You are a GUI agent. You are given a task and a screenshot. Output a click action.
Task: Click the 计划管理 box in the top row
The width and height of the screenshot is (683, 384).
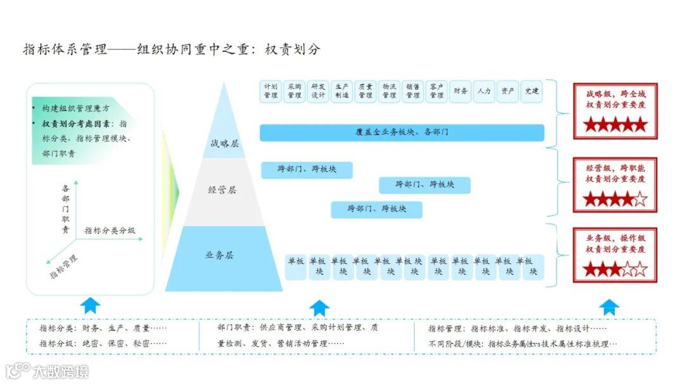pos(271,91)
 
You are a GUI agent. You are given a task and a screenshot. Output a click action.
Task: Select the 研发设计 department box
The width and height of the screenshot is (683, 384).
pos(318,91)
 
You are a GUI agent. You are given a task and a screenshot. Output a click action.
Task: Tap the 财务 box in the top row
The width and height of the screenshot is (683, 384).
pos(460,91)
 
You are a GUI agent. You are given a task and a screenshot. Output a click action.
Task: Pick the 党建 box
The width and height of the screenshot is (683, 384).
pos(532,91)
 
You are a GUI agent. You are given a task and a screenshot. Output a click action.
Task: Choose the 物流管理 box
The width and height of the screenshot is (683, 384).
pos(390,91)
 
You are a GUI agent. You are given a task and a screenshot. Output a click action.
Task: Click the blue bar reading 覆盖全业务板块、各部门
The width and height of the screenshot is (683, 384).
pos(402,133)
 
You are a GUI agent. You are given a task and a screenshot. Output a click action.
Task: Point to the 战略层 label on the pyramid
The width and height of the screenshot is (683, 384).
pos(225,143)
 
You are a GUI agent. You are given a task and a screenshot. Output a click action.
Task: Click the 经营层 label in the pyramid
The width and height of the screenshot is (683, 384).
pos(222,189)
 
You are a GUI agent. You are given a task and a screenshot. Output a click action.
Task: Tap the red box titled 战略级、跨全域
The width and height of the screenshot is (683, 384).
pos(615,111)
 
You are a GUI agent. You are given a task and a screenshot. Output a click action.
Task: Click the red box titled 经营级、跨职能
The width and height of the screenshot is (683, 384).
pos(615,184)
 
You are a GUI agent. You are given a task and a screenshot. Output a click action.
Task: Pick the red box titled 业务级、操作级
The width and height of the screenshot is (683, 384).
pos(615,255)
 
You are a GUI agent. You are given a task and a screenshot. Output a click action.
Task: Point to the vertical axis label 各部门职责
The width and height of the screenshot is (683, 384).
pos(66,209)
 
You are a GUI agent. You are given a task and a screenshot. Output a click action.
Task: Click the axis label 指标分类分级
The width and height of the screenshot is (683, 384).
pos(110,231)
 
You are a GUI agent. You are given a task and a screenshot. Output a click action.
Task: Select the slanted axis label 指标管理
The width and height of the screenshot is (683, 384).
pos(64,267)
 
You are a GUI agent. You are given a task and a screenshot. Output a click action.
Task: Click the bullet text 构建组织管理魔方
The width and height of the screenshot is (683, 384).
pos(75,109)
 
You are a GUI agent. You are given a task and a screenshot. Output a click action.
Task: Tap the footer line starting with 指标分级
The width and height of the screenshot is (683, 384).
pos(103,344)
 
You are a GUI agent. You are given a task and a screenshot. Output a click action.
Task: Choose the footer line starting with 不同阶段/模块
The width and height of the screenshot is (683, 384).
pos(522,344)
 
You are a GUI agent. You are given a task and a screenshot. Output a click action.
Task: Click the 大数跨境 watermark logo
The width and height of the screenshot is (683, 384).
pos(47,371)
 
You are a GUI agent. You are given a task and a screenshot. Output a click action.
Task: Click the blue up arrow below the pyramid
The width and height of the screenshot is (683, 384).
pos(319,308)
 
